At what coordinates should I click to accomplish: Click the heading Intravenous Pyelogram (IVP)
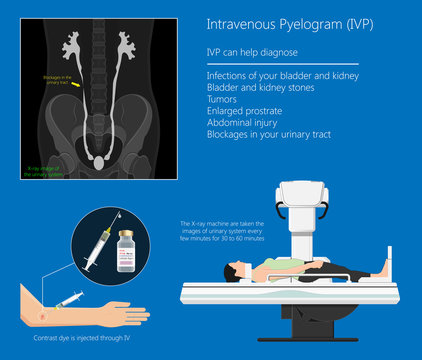[271, 23]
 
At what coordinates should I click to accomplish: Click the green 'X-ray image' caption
[44, 171]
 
